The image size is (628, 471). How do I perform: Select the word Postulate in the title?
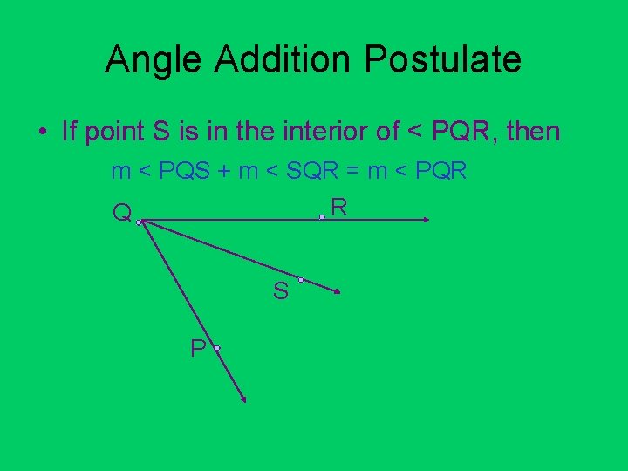click(x=443, y=60)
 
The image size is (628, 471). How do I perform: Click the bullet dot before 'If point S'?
click(x=42, y=133)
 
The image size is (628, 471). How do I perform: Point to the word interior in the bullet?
click(x=329, y=132)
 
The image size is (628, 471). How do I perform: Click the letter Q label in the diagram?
click(x=122, y=213)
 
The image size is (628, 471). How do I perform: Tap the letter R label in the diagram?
click(x=339, y=207)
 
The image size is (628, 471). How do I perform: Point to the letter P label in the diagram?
click(x=199, y=349)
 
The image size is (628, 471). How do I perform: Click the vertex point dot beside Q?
click(x=139, y=222)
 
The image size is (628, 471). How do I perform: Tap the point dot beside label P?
click(x=216, y=348)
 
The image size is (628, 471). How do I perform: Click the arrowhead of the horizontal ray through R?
click(x=427, y=221)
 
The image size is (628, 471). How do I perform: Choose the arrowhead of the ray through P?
click(x=243, y=399)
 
